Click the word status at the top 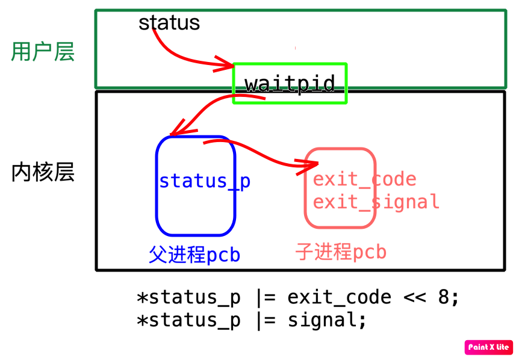coord(169,23)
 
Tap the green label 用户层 coord(43,53)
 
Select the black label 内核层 coord(43,173)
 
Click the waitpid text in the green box coord(290,83)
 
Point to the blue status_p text coord(205,181)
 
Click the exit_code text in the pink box coord(364,179)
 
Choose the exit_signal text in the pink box coord(376,202)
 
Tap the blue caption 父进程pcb coord(194,255)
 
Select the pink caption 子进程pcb coord(341,251)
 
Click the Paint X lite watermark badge coord(488,347)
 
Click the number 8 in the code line coord(444,297)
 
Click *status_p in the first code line coord(188,297)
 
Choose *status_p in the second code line coord(188,320)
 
